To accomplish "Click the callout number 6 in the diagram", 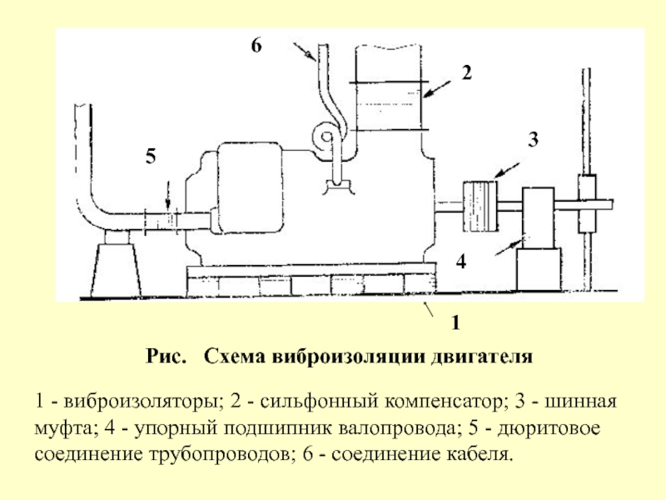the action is [x=256, y=45].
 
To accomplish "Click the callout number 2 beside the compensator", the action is [x=467, y=72].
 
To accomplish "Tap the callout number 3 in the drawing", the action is [x=533, y=139].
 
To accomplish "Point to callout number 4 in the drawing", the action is [x=461, y=261].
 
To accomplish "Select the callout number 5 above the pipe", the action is [x=151, y=156].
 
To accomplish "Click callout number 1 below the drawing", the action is [x=455, y=323].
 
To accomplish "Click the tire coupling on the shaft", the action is [x=480, y=206].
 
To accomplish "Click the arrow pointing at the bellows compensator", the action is [x=436, y=89].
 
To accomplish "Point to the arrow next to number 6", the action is [x=304, y=51].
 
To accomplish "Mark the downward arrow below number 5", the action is [x=168, y=196].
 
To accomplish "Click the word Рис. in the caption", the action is [x=166, y=357].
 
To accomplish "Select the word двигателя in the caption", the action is [x=482, y=357].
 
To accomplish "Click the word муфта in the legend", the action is [x=64, y=428].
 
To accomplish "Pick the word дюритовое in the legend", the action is [x=549, y=428].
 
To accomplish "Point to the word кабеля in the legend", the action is [x=480, y=455].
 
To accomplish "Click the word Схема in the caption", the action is [x=235, y=357].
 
